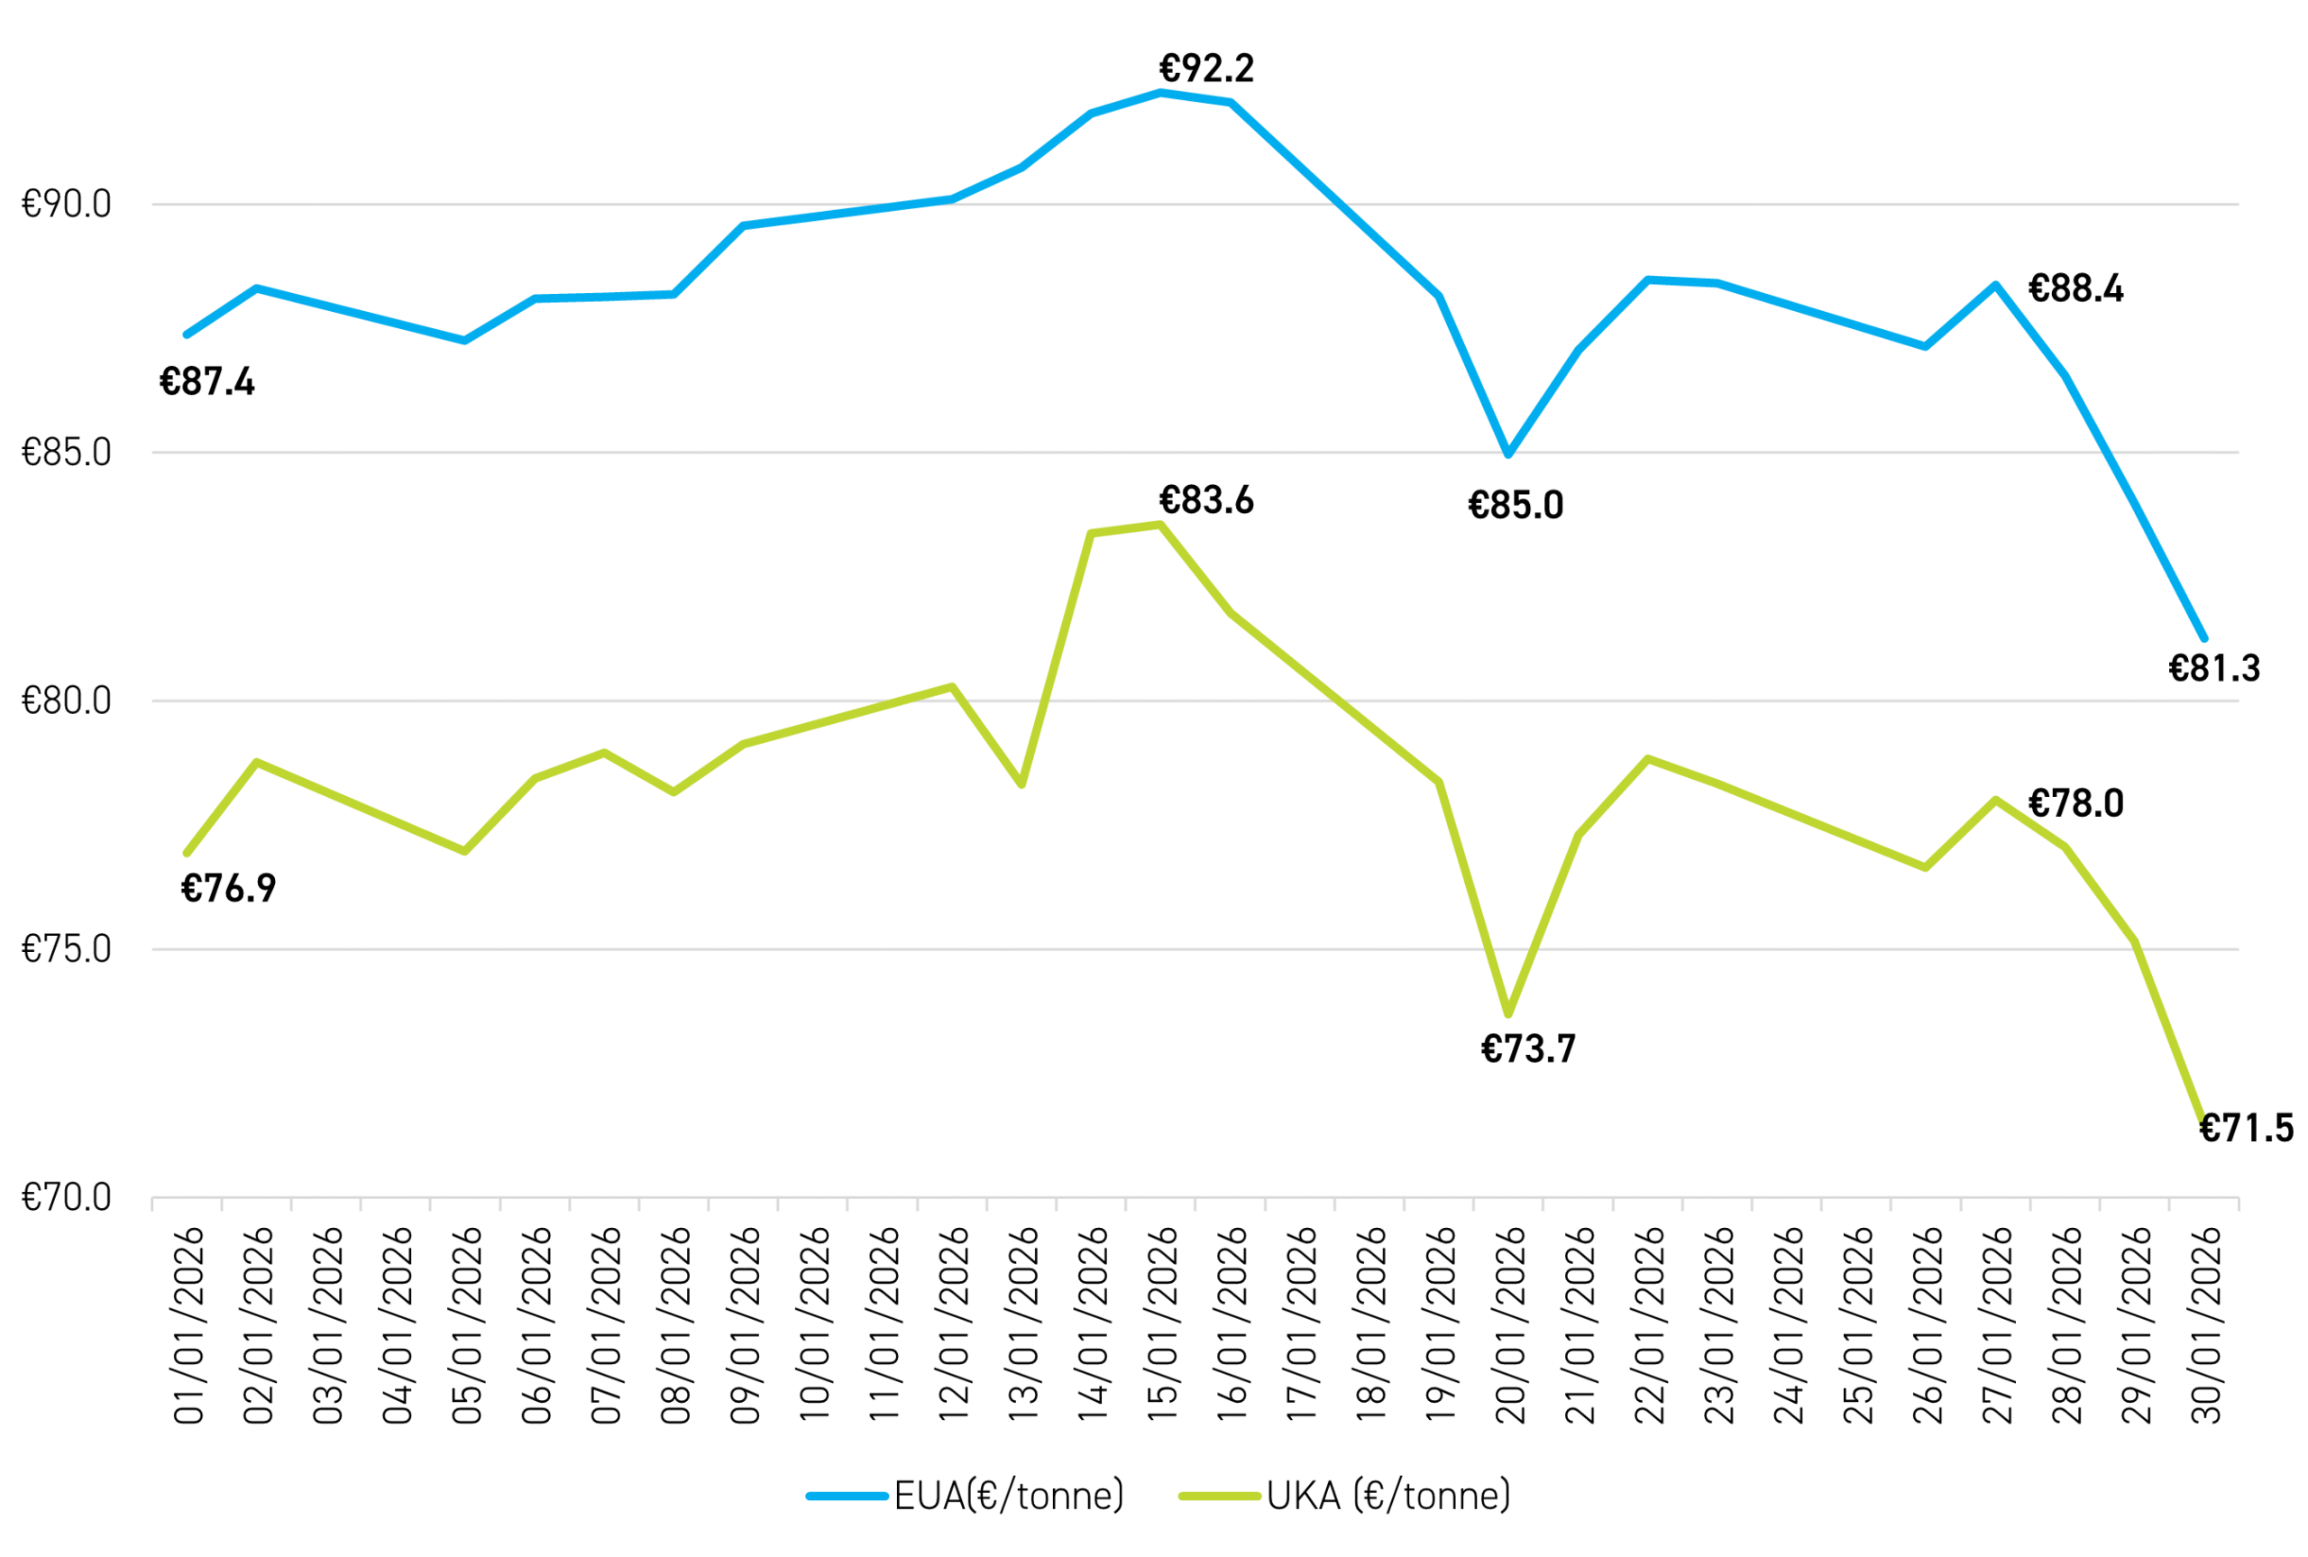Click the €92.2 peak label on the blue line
click(1206, 69)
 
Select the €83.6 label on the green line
click(1206, 500)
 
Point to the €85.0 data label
click(1515, 506)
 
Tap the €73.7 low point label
click(1528, 1049)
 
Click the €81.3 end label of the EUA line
click(2213, 668)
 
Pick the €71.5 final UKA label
click(2247, 1128)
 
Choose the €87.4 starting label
click(206, 381)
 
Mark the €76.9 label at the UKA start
click(227, 888)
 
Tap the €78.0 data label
click(2075, 802)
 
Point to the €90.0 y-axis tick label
click(67, 204)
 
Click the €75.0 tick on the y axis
click(67, 949)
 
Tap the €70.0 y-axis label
click(67, 1197)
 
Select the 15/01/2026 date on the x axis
click(1161, 1324)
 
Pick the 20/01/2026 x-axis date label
click(1509, 1324)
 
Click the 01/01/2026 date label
click(188, 1324)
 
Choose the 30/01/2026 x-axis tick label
click(2204, 1324)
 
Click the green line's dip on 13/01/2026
click(1021, 784)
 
